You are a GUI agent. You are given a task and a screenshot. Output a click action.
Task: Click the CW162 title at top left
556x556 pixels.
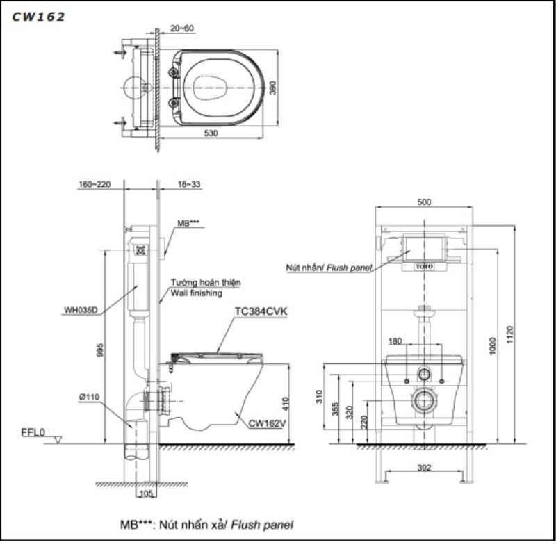38,17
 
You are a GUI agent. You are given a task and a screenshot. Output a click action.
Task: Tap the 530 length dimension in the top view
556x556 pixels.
211,133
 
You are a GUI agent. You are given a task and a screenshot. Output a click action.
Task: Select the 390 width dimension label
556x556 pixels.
272,88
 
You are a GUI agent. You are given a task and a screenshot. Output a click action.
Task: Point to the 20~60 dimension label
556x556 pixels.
182,28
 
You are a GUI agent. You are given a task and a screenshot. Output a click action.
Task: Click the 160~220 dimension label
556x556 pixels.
95,184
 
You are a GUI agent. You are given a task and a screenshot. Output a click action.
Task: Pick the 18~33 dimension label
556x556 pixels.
189,184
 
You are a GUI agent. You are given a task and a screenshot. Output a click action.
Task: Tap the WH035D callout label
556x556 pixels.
81,310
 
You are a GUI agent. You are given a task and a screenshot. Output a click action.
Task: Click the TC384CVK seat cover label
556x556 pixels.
261,311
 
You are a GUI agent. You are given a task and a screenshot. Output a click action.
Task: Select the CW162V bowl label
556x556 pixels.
267,423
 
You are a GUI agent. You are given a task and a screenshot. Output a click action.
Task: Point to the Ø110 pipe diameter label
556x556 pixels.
89,397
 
